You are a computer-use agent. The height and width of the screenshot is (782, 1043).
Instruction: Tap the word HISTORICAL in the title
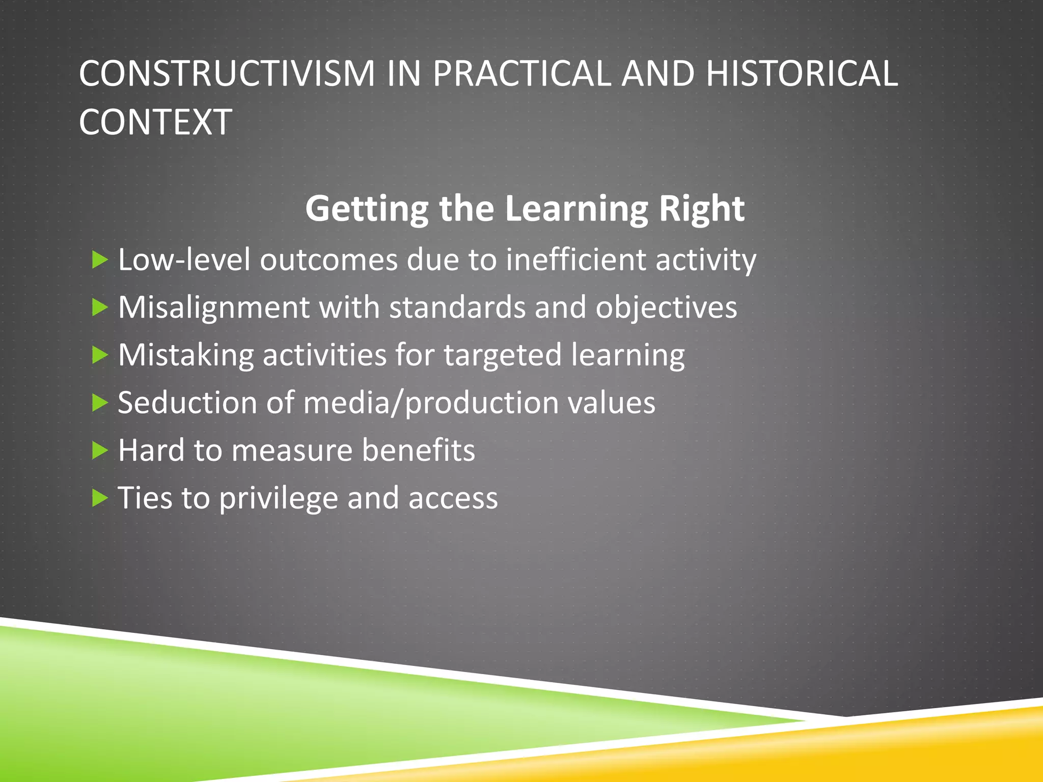(802, 74)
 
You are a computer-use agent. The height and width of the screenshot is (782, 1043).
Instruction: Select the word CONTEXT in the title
(155, 122)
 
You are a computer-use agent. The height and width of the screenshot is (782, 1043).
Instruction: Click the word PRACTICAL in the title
(521, 74)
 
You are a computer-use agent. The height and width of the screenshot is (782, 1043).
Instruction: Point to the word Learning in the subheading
(577, 209)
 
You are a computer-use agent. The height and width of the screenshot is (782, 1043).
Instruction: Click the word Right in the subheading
(701, 209)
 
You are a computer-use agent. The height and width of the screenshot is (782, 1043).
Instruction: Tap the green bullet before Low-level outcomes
(100, 260)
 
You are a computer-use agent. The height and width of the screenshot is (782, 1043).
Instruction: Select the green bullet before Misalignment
(100, 308)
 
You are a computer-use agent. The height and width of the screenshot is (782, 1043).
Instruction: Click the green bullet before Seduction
(100, 403)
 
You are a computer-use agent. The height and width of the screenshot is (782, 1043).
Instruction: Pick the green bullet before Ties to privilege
(100, 498)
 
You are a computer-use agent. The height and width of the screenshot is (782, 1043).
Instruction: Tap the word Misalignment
(214, 308)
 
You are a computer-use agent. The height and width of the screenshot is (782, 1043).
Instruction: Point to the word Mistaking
(186, 355)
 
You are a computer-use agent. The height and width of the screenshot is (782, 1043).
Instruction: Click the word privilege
(279, 498)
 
